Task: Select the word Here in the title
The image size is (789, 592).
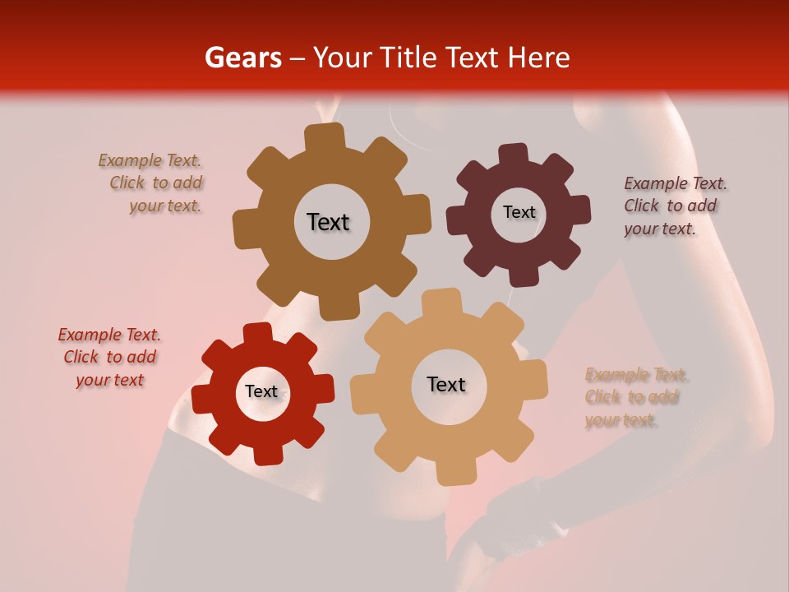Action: pos(539,58)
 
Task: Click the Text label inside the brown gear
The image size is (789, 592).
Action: pos(328,222)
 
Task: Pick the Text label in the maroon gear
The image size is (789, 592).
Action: pos(519,212)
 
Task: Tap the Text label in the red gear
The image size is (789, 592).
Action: pos(261,391)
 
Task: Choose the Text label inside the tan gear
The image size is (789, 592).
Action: pos(446,384)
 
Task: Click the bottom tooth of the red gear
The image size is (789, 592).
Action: pos(266,453)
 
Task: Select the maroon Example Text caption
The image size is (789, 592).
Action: pos(674,206)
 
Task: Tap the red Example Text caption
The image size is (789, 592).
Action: pos(109,357)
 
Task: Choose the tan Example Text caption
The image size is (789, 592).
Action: pos(634,397)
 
